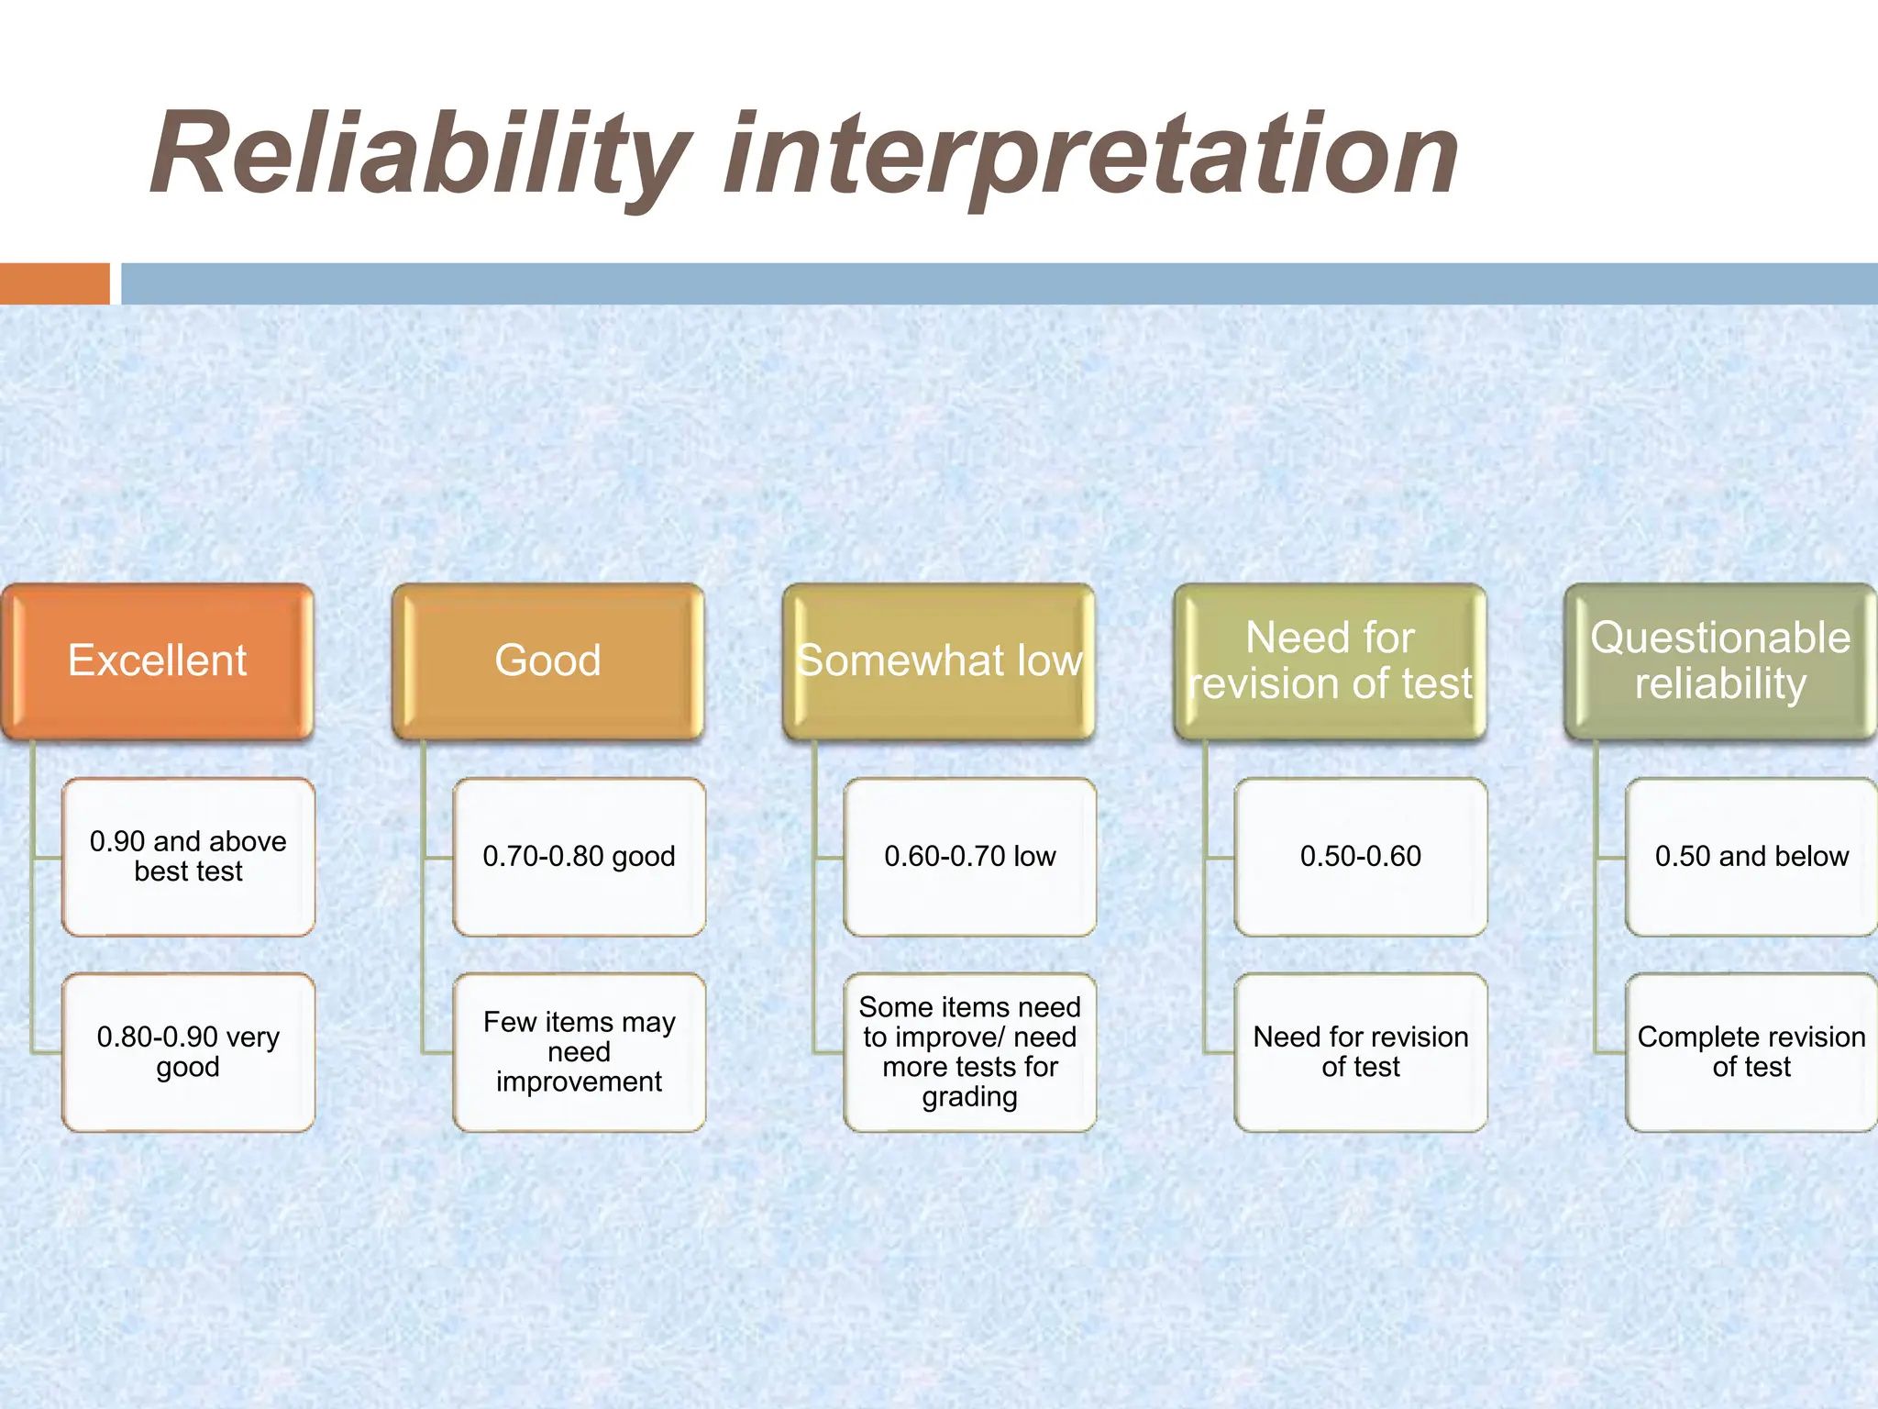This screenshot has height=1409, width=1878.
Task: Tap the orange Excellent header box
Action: pyautogui.click(x=158, y=661)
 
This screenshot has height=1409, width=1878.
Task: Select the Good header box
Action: pyautogui.click(x=547, y=661)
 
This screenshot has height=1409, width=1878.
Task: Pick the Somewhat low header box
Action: pyautogui.click(x=939, y=661)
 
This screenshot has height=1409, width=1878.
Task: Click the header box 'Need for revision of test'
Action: pyautogui.click(x=1330, y=661)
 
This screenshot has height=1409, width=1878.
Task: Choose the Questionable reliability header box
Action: pyautogui.click(x=1720, y=661)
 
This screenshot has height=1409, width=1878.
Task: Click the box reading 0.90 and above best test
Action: pyautogui.click(x=188, y=857)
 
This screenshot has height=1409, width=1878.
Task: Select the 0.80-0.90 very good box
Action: pyautogui.click(x=188, y=1052)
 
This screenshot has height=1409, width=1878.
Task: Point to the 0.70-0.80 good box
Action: pyautogui.click(x=579, y=857)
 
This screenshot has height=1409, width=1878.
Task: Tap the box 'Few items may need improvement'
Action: pyautogui.click(x=579, y=1052)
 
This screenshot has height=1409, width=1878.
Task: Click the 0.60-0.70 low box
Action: pyautogui.click(x=969, y=857)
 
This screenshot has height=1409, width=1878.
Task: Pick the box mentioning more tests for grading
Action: pyautogui.click(x=969, y=1052)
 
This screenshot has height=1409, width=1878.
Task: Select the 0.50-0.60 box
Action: pyautogui.click(x=1361, y=857)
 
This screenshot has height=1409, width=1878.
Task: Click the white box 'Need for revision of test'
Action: pyautogui.click(x=1361, y=1052)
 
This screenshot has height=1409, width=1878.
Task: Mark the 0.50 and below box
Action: pyautogui.click(x=1751, y=857)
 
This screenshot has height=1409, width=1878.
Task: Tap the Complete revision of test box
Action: pyautogui.click(x=1751, y=1052)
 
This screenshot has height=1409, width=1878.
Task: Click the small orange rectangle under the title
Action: pyautogui.click(x=54, y=283)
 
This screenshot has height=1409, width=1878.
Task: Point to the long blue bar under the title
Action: pyautogui.click(x=1000, y=283)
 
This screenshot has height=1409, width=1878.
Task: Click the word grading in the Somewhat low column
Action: pyautogui.click(x=969, y=1097)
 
